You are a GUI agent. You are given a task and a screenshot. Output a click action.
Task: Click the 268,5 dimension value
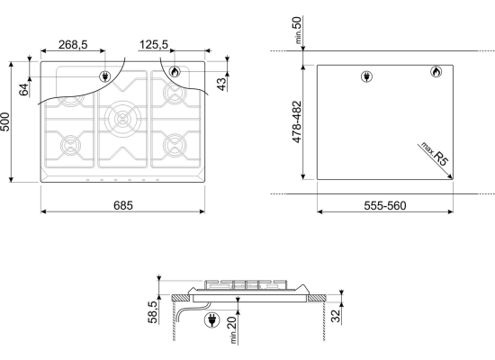tap(73, 45)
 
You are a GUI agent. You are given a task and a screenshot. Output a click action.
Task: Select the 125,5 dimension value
tap(154, 45)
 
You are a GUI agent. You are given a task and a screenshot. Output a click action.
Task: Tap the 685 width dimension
tap(123, 205)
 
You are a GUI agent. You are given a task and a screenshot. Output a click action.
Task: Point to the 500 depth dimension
tap(5, 121)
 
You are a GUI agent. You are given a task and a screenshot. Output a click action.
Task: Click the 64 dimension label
tap(24, 90)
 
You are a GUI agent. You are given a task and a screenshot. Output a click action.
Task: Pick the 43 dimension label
tap(222, 84)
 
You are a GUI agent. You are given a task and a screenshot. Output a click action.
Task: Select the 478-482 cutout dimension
tap(297, 121)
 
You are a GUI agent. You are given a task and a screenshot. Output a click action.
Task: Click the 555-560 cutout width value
tap(385, 205)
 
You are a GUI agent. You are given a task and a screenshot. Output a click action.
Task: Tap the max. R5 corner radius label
tap(435, 154)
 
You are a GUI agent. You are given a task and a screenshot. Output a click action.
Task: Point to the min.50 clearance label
tap(297, 30)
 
